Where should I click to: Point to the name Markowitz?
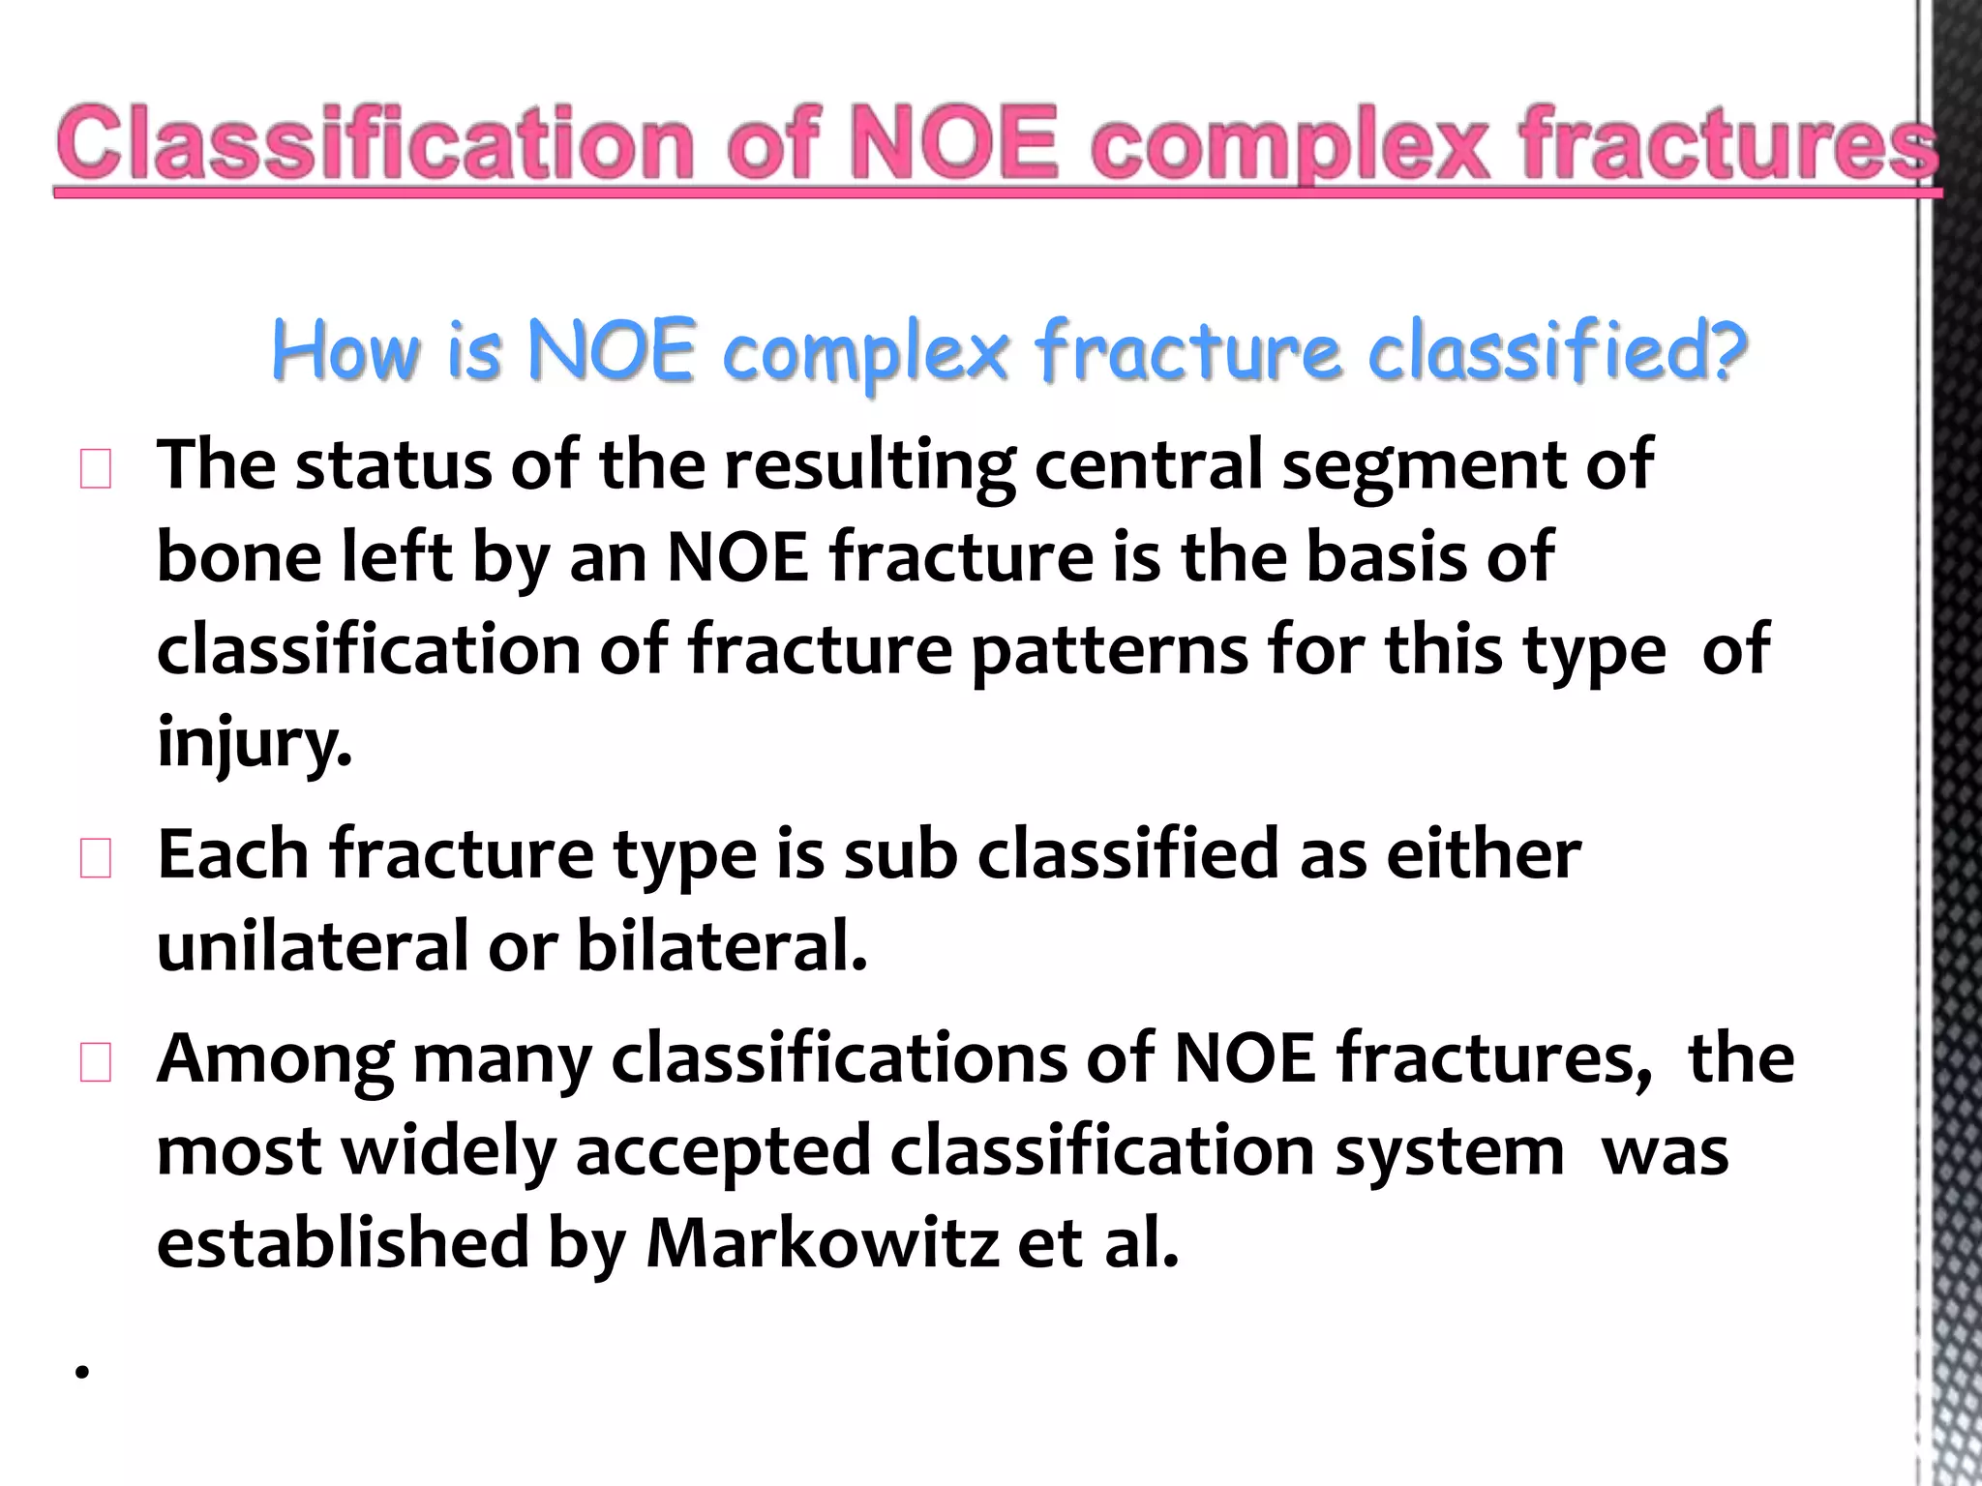[x=822, y=1243]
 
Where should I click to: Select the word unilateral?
[x=313, y=945]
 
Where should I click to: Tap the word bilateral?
[x=722, y=945]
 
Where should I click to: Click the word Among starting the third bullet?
[x=275, y=1058]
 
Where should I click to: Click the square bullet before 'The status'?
[x=95, y=470]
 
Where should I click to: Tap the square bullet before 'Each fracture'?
[x=95, y=859]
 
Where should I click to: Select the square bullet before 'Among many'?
[x=95, y=1063]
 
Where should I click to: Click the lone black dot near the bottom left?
[x=82, y=1371]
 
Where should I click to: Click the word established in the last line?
[x=344, y=1243]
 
